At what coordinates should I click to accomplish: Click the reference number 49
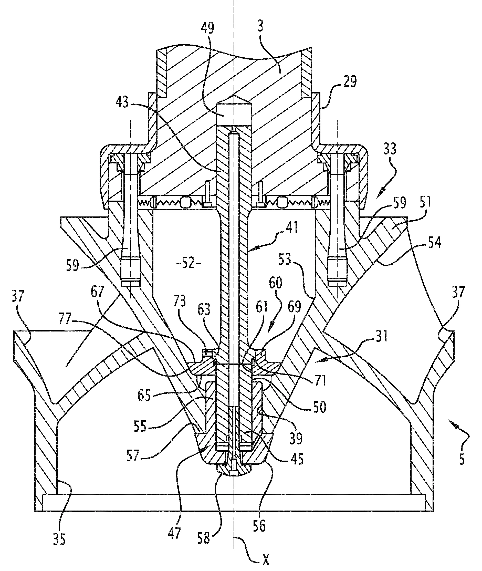tap(207, 32)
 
